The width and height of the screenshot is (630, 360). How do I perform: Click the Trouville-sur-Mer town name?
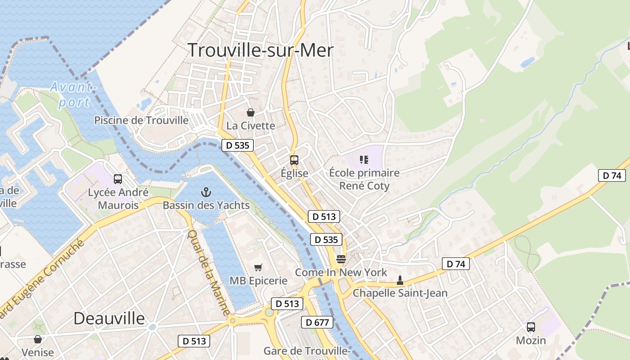coord(260,50)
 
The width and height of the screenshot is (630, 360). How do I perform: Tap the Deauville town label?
coord(109,319)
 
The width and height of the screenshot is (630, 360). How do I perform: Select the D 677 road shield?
coord(319,322)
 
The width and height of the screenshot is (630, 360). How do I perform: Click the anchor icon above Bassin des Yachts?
coord(206,193)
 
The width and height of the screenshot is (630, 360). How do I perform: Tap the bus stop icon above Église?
coord(294,160)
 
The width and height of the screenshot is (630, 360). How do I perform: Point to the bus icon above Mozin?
coord(531,327)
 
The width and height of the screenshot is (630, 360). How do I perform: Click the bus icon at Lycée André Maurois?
coord(118,179)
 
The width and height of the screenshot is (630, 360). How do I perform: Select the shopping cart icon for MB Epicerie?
coord(258,268)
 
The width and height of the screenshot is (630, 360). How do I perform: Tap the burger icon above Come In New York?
coord(341,260)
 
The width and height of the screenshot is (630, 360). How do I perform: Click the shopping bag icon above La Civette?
coord(250,112)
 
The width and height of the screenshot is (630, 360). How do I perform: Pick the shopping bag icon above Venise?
coord(38,339)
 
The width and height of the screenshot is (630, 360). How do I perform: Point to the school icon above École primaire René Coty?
coord(364,160)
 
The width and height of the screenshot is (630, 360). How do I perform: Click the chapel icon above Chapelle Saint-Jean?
coord(400,281)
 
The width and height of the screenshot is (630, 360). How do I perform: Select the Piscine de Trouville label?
coord(141,120)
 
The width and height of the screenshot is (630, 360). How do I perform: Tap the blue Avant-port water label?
coord(74,94)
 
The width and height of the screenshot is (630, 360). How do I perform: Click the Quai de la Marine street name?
coord(208,273)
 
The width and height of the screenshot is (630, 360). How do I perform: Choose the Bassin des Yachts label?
coord(206,205)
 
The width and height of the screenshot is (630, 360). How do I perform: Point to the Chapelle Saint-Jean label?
coord(400,293)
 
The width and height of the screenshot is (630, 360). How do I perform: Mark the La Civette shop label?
coord(251,126)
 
